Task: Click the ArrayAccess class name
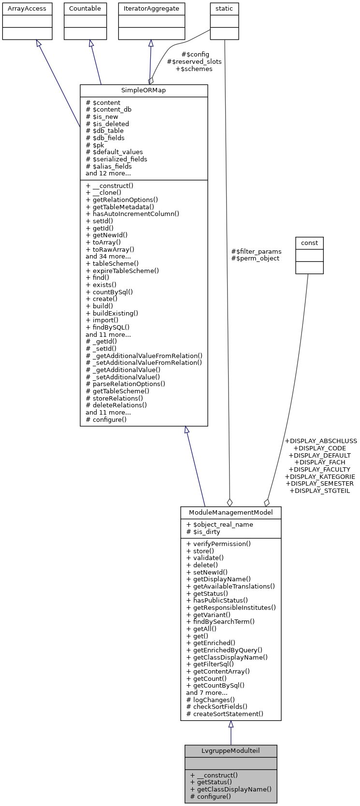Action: [27, 9]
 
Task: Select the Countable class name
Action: [85, 9]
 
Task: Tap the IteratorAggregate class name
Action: [152, 9]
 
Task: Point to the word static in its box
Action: [224, 9]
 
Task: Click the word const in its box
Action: [309, 243]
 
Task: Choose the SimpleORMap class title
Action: [144, 91]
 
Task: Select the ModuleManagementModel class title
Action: [230, 512]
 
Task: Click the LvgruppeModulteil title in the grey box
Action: [230, 751]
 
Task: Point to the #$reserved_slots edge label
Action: [194, 62]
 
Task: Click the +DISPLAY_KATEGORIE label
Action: [320, 476]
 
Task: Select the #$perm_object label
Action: [255, 259]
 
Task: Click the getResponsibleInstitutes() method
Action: [231, 608]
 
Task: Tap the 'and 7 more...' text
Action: [207, 692]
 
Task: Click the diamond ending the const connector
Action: [266, 503]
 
